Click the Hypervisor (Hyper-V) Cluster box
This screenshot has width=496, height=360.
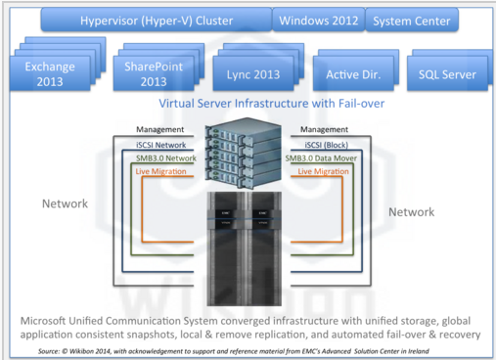(157, 21)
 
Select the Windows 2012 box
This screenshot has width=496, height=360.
(319, 21)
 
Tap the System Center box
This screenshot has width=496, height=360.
(412, 21)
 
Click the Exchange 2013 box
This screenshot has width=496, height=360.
(50, 73)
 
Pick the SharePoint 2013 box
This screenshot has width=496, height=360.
(154, 73)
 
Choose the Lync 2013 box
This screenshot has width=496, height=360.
(253, 74)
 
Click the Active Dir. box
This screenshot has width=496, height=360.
(353, 74)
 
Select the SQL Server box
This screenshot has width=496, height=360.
(447, 74)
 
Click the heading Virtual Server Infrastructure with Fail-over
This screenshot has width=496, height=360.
(272, 104)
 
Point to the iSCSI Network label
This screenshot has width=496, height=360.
(161, 145)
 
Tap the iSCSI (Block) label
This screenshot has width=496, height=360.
(327, 145)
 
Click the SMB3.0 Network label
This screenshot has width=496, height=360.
(166, 158)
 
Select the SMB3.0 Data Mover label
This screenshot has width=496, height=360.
(321, 158)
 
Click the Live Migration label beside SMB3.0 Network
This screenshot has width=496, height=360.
(160, 171)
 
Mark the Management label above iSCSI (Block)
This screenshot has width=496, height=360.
(324, 129)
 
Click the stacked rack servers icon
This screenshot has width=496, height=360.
(244, 153)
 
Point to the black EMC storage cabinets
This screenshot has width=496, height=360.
(245, 248)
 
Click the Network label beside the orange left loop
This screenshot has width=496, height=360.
(65, 203)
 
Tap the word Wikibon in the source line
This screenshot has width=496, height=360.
(81, 351)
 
